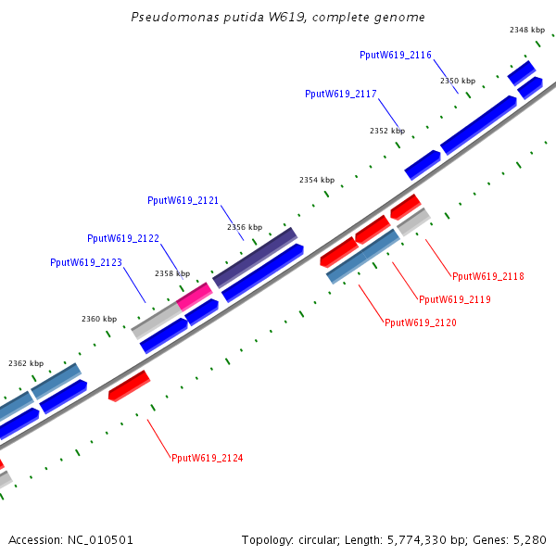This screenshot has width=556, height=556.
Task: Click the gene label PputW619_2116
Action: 396,55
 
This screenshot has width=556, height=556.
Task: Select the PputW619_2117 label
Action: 341,94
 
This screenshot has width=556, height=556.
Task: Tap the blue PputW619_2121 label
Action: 183,201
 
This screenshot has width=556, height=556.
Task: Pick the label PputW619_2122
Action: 123,239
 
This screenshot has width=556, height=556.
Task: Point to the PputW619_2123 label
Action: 86,263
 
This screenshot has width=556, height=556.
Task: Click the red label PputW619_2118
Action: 488,276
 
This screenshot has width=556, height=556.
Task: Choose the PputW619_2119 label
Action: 455,299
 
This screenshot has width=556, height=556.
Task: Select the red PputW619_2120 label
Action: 421,322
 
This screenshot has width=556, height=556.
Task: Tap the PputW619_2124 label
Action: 208,458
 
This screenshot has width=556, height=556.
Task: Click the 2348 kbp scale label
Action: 527,31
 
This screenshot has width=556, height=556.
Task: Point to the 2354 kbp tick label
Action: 317,180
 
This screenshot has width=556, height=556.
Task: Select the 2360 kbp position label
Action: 99,319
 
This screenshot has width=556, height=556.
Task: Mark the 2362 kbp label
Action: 26,363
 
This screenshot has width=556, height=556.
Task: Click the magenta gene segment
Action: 195,297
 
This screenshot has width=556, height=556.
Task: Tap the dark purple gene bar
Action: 255,258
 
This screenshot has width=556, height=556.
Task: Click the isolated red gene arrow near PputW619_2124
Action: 130,385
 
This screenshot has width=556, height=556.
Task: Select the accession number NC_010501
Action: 100,540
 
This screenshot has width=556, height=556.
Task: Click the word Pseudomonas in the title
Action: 175,17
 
